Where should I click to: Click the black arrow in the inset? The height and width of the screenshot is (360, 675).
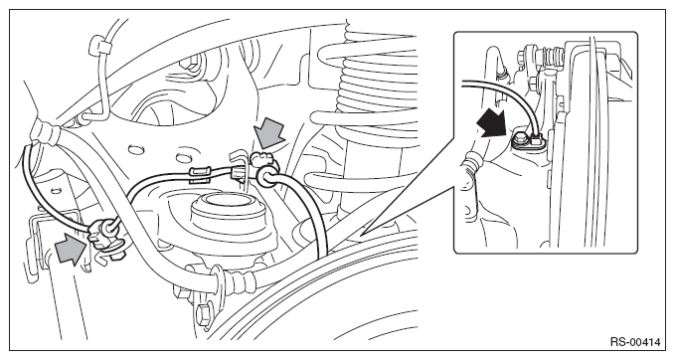pos(492,121)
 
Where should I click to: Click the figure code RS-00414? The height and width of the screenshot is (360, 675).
pos(635,342)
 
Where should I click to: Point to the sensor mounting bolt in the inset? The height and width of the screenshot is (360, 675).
pos(519,138)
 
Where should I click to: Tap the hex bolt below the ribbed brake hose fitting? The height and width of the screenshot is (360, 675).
pos(204,312)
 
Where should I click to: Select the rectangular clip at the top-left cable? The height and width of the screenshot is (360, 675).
pos(99,45)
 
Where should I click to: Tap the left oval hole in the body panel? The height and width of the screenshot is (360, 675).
pos(135,150)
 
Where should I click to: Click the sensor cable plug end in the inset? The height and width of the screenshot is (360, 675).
pos(537,138)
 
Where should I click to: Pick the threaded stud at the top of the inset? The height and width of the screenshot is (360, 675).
pos(550,54)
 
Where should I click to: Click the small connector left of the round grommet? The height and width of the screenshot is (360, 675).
pos(239,174)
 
